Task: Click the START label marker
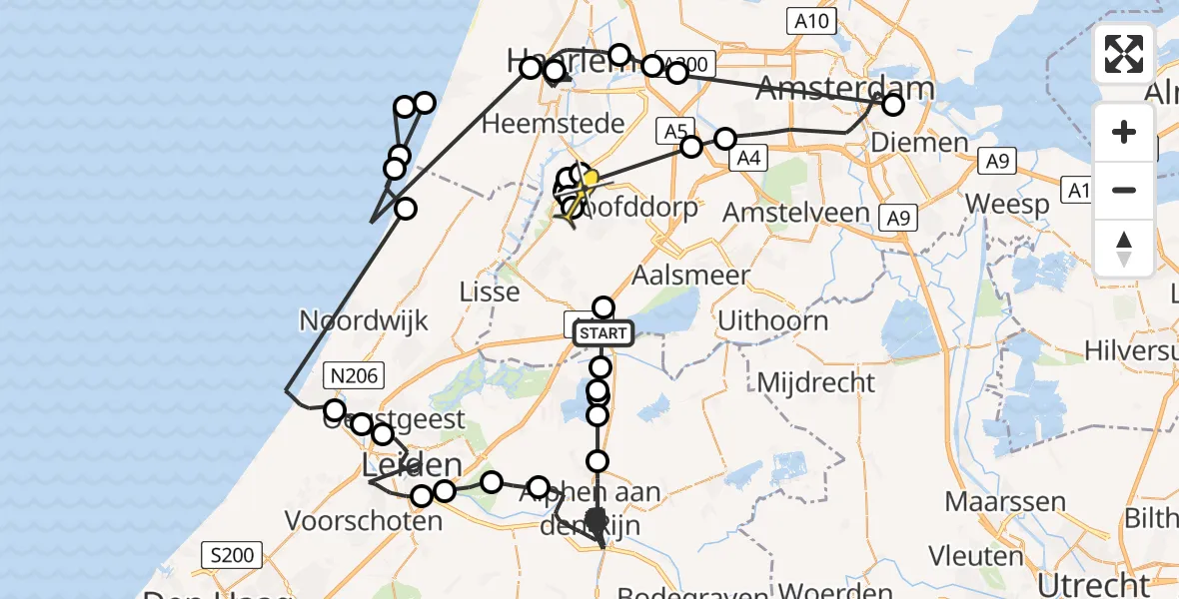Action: point(603,333)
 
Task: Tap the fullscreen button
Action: point(1124,54)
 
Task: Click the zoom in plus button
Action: point(1124,132)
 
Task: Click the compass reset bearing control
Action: point(1124,248)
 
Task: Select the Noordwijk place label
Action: point(364,321)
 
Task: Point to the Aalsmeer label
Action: point(691,277)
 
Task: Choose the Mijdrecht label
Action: point(815,382)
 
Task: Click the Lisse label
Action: point(489,293)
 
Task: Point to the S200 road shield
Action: point(231,555)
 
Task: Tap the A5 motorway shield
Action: point(675,130)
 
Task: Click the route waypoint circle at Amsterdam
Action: point(892,104)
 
